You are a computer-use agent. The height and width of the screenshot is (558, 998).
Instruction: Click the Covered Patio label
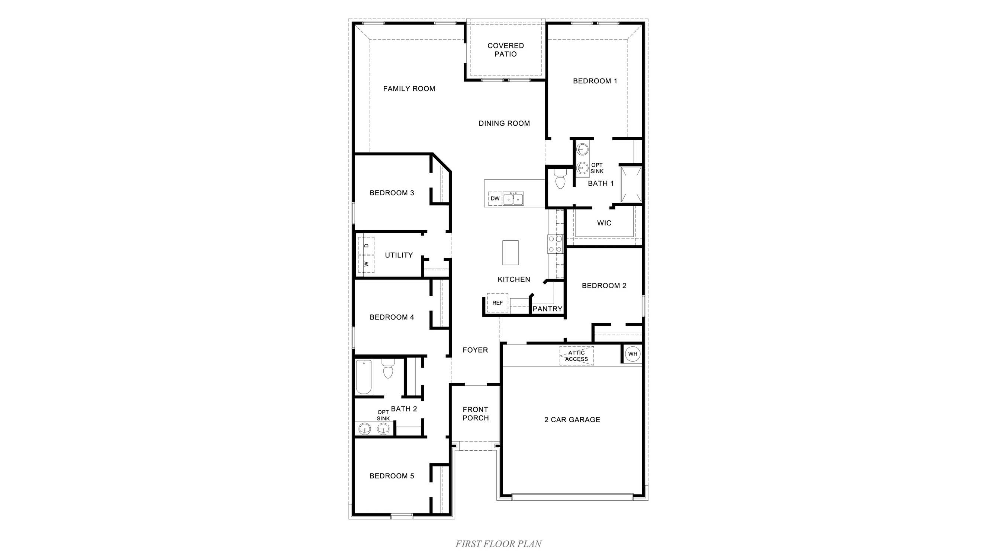click(506, 50)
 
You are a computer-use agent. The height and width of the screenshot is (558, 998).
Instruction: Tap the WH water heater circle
click(632, 354)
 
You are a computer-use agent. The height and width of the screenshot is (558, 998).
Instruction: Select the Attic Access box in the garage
click(576, 356)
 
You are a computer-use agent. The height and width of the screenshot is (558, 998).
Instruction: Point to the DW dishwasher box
click(495, 198)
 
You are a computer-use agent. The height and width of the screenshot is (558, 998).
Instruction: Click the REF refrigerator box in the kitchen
click(498, 303)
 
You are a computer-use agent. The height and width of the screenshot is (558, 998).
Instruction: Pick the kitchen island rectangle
click(510, 253)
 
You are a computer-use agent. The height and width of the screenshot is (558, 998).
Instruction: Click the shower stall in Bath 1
click(631, 185)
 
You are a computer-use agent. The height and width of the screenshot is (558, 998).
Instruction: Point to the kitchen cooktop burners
click(554, 244)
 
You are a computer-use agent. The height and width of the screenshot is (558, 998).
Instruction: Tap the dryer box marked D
click(366, 246)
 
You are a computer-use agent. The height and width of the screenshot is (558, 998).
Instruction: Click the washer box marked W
click(366, 264)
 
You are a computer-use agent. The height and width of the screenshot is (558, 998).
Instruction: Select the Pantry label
click(547, 309)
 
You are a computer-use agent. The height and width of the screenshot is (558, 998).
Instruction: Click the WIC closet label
click(604, 223)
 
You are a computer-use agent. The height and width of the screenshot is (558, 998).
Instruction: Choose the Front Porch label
click(475, 413)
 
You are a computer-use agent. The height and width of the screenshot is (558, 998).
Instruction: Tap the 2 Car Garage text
click(572, 419)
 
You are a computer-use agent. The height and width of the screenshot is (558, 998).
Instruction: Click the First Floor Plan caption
click(498, 544)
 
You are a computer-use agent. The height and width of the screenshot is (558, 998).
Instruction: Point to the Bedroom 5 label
click(392, 476)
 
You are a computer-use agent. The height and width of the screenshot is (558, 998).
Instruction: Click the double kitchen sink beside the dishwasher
click(513, 199)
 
